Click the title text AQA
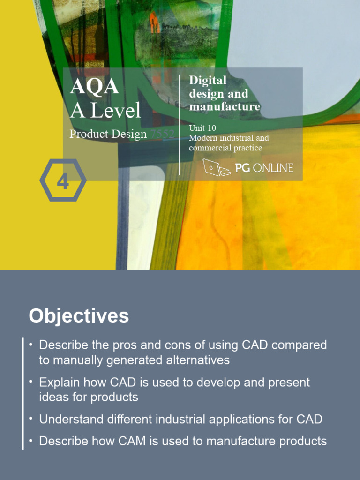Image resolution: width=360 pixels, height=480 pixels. [94, 87]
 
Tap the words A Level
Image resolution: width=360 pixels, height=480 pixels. [105, 111]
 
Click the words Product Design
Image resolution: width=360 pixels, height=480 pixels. [108, 134]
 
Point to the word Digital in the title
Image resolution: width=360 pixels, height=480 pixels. [207, 80]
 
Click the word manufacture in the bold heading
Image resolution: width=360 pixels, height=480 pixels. [224, 106]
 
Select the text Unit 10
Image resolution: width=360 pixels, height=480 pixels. [202, 127]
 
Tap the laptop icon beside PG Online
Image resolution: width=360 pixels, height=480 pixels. [216, 167]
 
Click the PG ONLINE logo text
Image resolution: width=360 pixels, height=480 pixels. [264, 168]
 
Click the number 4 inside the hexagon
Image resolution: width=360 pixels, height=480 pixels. [63, 180]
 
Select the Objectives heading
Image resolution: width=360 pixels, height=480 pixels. [79, 316]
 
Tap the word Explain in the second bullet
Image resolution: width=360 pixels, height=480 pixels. [57, 382]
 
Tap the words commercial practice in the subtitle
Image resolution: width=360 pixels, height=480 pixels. [225, 148]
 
